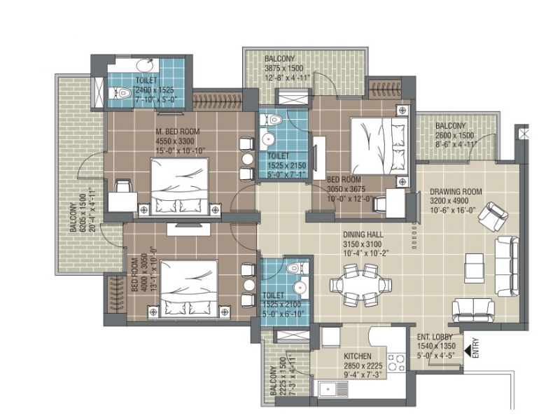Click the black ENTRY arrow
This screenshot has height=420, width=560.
coord(467,351)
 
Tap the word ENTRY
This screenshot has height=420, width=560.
coord(475,348)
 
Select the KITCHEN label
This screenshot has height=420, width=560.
coord(358,356)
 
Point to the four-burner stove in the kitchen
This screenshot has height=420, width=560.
coord(396,362)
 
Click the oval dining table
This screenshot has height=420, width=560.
coord(360,285)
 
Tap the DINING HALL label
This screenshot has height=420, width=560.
coord(363,234)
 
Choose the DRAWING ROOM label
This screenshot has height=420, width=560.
coord(456,192)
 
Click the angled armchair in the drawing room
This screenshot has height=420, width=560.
coord(493,216)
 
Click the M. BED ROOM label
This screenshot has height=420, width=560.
coord(178,132)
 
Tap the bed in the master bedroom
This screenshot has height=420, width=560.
coord(179,186)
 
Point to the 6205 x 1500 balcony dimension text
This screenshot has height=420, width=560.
coord(83,213)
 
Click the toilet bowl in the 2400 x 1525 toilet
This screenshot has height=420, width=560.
coord(120,93)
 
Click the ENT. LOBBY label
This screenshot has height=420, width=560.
coord(435,337)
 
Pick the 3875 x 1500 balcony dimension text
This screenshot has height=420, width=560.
coord(284,68)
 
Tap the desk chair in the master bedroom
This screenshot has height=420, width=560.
coord(122,186)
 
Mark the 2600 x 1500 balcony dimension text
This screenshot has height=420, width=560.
coord(454,135)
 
